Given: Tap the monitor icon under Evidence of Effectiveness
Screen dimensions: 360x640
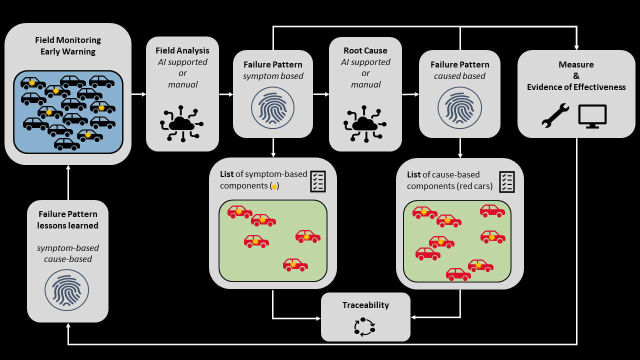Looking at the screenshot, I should coord(592,116).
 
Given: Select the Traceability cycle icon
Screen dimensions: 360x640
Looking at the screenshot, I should coord(364,326).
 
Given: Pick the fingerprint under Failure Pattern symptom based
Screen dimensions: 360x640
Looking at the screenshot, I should coord(273,108).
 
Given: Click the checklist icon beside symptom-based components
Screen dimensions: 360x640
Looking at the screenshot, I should coord(318,181).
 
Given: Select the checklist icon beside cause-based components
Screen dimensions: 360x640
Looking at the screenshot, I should coord(506,181).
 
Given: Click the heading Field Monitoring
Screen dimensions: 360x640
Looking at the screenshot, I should coord(68,40).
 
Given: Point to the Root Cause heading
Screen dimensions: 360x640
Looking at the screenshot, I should coord(365,50).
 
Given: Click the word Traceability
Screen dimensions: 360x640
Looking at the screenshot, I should coord(365,305).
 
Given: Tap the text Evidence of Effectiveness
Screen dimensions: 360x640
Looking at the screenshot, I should coord(576,87).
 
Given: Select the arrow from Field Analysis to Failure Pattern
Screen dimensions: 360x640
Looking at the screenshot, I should coord(226,94).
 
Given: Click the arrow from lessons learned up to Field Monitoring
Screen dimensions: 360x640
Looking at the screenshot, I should coord(68,182).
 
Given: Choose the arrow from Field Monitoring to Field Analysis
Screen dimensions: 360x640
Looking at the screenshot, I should coord(138,94).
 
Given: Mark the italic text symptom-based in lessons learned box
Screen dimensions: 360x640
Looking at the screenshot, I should coord(68,248).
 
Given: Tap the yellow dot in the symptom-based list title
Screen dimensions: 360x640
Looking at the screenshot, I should coord(274,186).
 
